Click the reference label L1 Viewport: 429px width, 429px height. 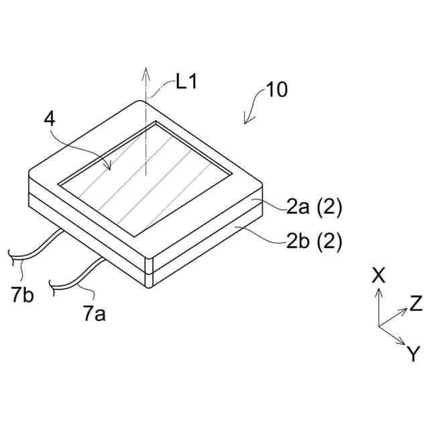(187, 82)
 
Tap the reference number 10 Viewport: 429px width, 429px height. (277, 90)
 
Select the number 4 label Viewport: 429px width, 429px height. (49, 119)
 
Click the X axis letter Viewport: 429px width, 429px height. (379, 275)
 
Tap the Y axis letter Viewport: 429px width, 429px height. (414, 353)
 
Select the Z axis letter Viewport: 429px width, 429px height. (416, 303)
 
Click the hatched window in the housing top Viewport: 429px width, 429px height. (147, 178)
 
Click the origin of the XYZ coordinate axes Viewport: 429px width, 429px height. (379, 326)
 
